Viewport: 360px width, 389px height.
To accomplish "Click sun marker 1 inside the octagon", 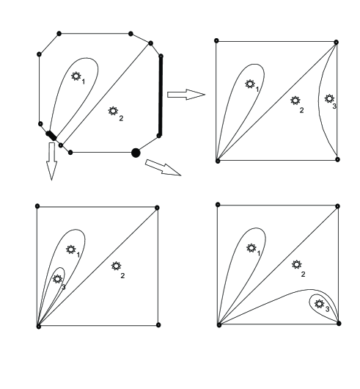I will pos(76,76).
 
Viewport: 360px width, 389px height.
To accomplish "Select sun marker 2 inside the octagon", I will pos(113,111).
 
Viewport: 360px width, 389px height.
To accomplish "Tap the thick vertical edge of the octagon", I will pos(161,94).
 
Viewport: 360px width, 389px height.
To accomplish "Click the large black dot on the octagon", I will pos(135,152).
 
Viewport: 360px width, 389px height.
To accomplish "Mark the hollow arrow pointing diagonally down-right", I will pos(162,167).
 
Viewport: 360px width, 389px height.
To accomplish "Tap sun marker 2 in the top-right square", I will pos(295,101).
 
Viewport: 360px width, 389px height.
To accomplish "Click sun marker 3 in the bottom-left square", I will pos(58,278).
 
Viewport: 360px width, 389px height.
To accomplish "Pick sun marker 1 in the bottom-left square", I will pos(70,250).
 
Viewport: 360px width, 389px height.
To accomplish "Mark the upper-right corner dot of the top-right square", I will pos(337,43).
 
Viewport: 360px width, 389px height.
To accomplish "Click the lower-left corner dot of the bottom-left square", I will pos(37,326).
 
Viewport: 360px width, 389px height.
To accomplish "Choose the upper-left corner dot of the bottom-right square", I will pos(218,206).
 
